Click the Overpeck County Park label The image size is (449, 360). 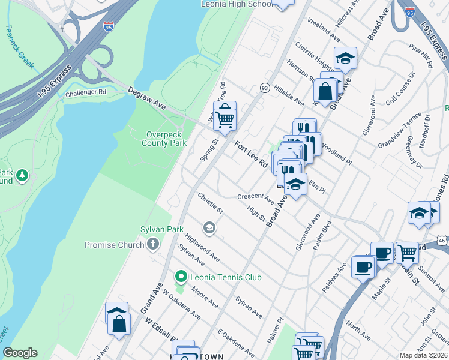[x=164, y=139]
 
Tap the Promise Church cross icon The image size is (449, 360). [x=153, y=244]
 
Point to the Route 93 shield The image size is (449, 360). [x=264, y=88]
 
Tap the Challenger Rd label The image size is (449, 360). [x=85, y=92]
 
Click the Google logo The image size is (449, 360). [x=20, y=353]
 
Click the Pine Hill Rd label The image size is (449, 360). [x=420, y=55]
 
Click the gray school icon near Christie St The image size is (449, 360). [x=209, y=227]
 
